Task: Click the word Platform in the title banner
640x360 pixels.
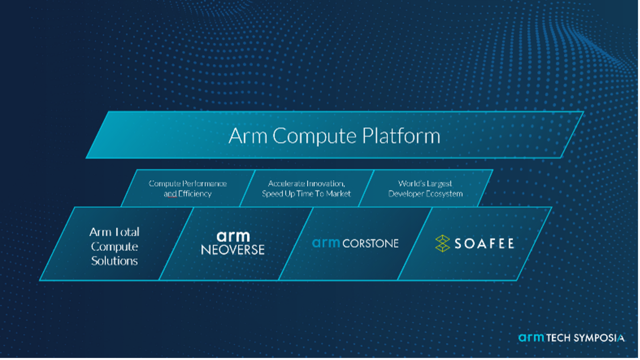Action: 401,136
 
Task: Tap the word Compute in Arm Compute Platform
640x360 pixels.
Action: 314,136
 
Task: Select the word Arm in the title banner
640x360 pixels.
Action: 248,136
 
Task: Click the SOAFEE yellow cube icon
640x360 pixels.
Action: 443,244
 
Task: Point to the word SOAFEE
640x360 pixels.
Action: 484,244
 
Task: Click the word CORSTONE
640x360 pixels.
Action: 371,244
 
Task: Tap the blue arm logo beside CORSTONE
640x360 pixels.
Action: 326,243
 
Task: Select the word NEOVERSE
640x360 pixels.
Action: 233,250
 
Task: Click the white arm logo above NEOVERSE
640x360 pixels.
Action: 233,237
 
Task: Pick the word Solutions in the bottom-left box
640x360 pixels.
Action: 115,261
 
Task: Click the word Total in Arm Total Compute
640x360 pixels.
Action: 126,232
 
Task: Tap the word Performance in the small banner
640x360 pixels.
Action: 204,184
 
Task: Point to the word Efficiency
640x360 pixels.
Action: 195,194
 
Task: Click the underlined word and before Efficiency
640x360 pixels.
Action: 170,194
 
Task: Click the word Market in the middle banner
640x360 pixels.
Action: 338,194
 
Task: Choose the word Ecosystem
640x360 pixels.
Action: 444,194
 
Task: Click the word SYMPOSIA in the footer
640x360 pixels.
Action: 599,338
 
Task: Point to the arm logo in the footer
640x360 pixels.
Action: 531,338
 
